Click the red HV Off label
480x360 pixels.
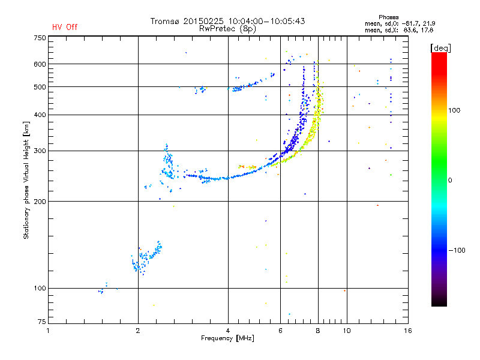64,27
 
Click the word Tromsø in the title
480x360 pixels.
167,21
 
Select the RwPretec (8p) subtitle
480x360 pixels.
228,28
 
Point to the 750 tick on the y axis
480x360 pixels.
40,38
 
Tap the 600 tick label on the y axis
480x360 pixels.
40,64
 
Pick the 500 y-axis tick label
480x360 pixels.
40,87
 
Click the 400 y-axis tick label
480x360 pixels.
40,115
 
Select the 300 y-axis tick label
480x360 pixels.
40,151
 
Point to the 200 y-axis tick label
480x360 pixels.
40,201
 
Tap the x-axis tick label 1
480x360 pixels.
48,331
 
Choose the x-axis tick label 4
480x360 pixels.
228,331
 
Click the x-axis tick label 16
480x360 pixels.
407,331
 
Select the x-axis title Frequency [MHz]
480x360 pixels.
227,338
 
